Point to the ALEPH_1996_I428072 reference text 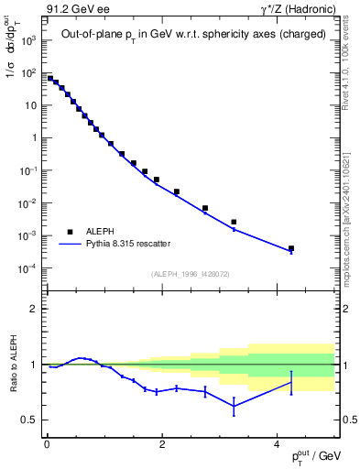coord(191,273)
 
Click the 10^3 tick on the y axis coord(29,39)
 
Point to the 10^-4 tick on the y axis coord(27,268)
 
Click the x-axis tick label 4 coord(277,444)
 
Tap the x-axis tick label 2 coord(161,444)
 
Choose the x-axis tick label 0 coord(47,444)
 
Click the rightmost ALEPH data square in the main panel coord(291,248)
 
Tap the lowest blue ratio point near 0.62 coord(234,406)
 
